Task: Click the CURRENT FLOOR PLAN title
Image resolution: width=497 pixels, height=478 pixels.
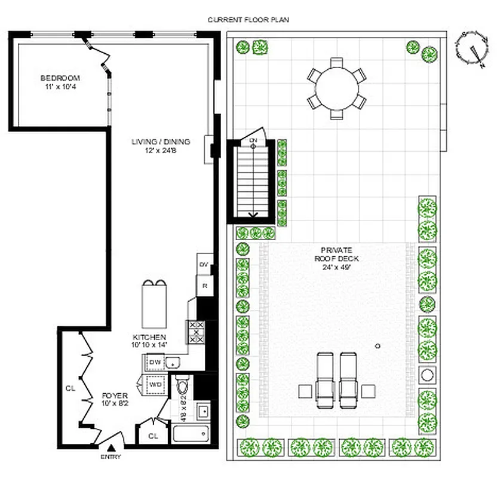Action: [x=248, y=20]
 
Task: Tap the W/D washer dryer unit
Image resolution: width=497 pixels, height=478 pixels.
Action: [x=155, y=385]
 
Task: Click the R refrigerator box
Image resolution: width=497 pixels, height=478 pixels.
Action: [x=204, y=286]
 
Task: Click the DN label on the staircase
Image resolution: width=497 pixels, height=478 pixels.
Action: [x=253, y=142]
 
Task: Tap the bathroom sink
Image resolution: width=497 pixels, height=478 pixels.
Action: [x=202, y=410]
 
